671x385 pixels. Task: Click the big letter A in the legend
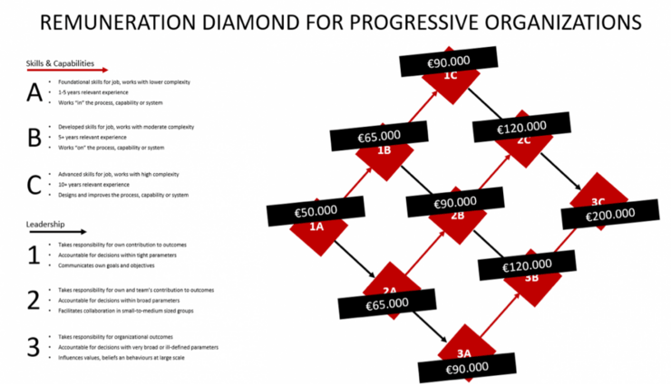(34, 92)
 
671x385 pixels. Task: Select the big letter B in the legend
(34, 137)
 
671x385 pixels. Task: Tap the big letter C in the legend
(34, 184)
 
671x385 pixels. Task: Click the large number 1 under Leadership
(34, 256)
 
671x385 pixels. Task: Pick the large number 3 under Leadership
(34, 347)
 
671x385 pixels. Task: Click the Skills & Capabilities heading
(61, 63)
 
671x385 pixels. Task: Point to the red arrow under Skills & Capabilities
(67, 70)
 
